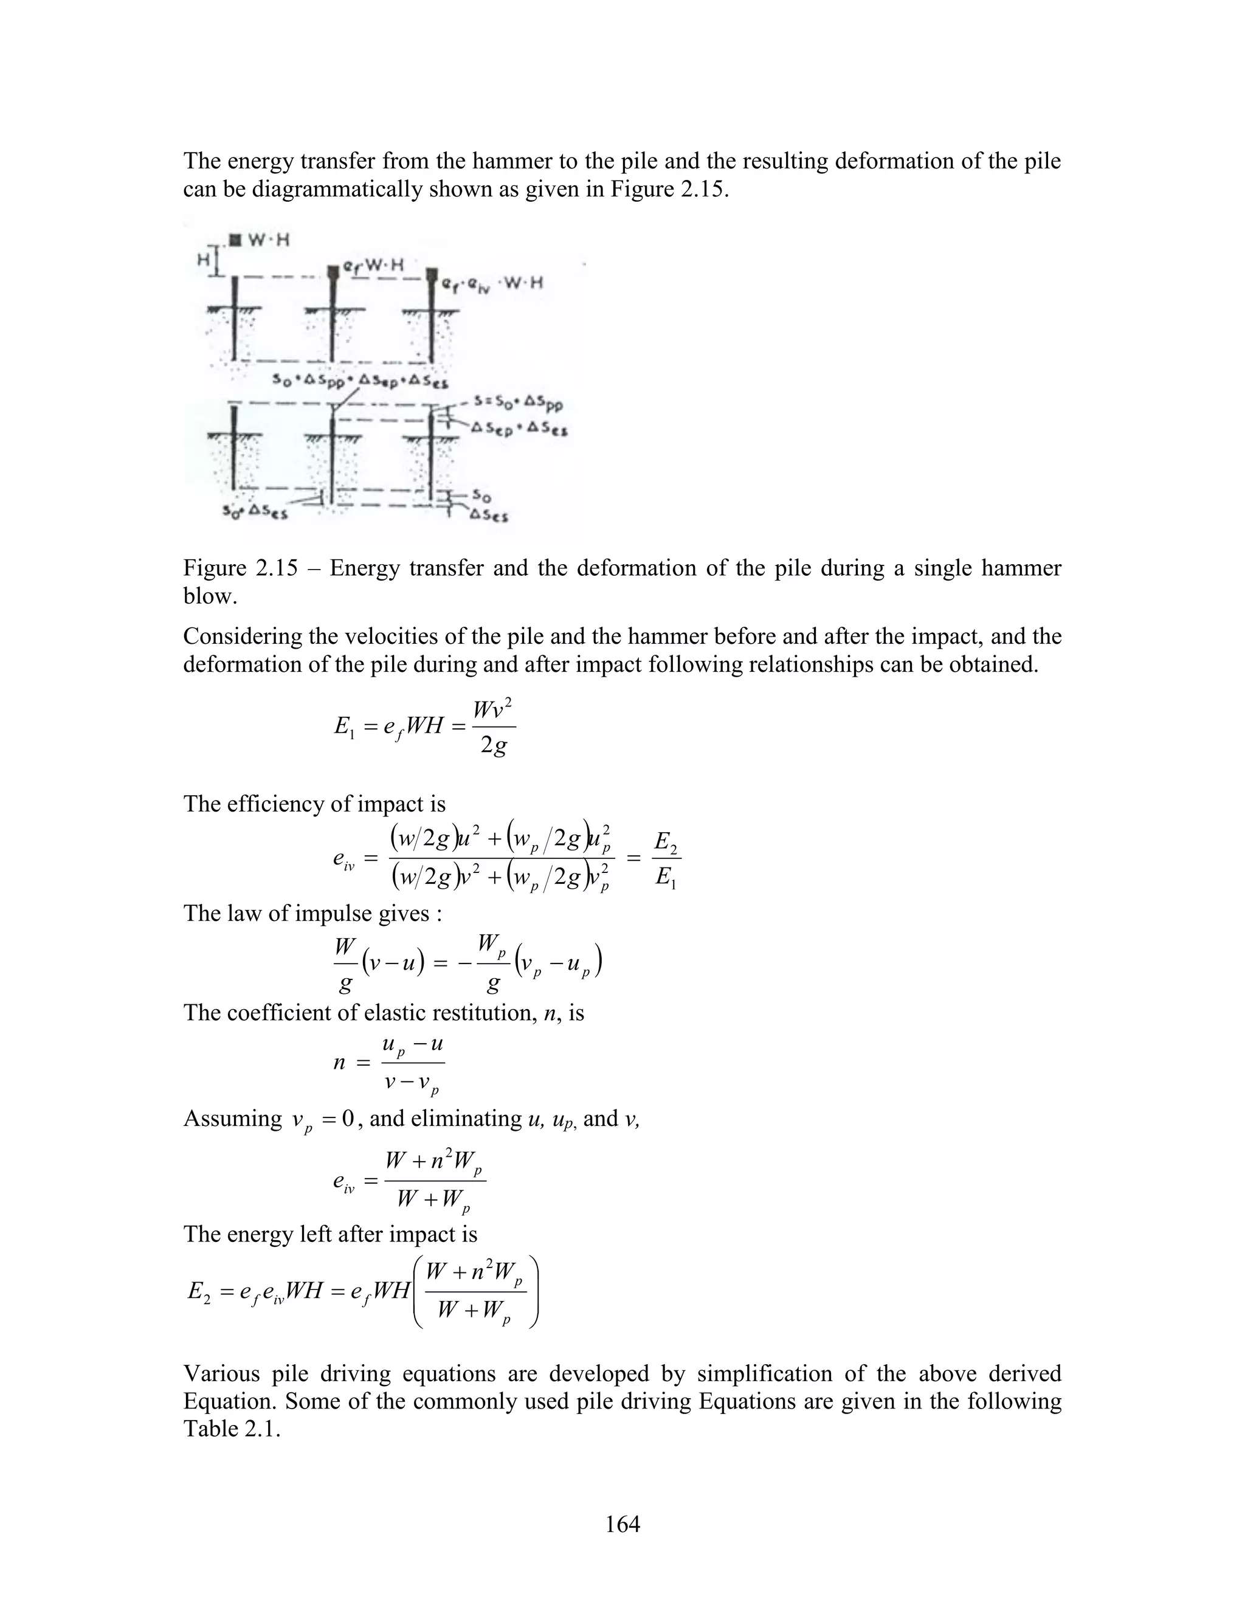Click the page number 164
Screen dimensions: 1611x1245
tap(622, 1523)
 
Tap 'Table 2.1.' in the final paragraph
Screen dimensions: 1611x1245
tap(232, 1429)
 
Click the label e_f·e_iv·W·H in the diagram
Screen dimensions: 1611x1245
tap(492, 284)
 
